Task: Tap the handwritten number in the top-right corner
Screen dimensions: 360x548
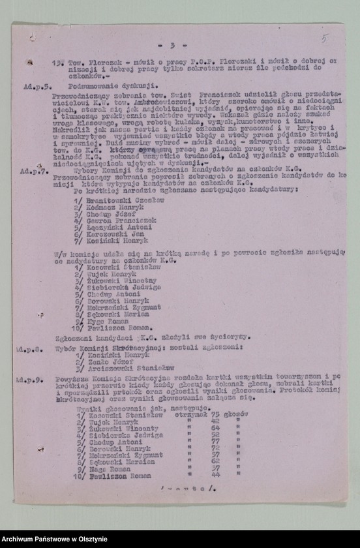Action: coord(325,39)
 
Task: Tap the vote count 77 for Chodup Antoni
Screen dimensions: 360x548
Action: coord(215,440)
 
